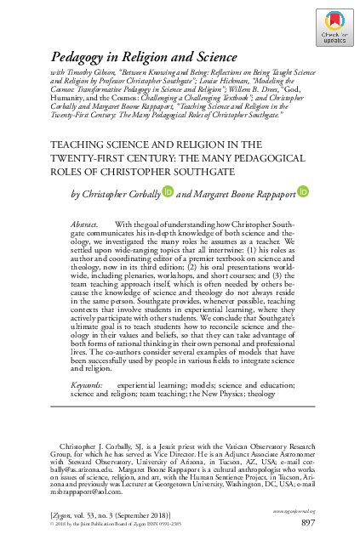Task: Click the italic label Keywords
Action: [x=86, y=385]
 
